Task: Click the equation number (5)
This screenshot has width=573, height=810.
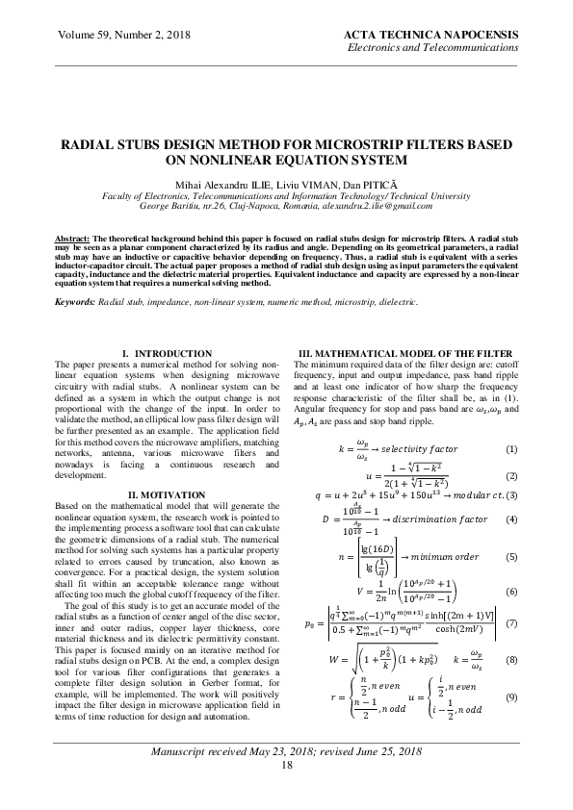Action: pyautogui.click(x=511, y=557)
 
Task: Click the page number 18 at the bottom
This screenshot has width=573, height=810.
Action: pyautogui.click(x=286, y=791)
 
